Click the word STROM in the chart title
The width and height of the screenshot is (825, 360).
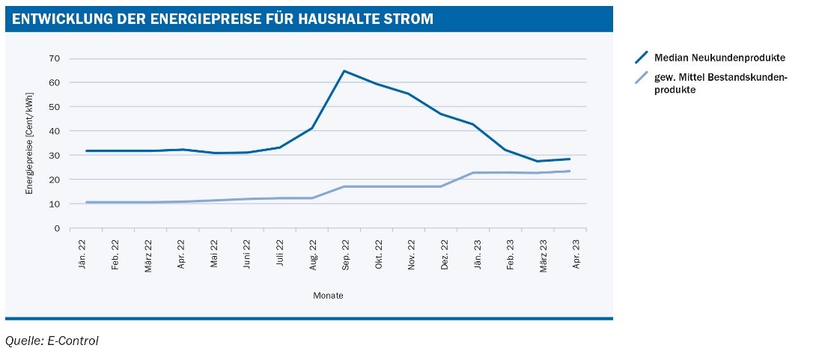[x=410, y=19]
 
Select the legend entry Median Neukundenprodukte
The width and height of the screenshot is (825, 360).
[x=719, y=58]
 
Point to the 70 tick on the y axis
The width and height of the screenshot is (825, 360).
[x=55, y=58]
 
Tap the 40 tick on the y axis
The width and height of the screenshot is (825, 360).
[x=55, y=131]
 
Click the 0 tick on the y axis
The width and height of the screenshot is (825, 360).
[x=57, y=228]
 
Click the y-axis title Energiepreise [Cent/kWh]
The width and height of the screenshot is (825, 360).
[x=30, y=142]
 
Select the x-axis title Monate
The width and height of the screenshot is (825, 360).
[x=328, y=296]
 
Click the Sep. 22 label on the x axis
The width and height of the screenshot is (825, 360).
[x=345, y=254]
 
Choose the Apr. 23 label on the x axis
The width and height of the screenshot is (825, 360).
[x=576, y=254]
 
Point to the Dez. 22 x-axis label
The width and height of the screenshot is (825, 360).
[x=444, y=254]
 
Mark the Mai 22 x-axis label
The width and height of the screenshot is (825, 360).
[x=213, y=254]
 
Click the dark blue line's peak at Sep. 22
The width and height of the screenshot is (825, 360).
[x=344, y=71]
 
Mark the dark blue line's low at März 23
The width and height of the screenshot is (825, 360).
[x=538, y=161]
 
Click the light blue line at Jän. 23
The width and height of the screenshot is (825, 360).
[x=473, y=173]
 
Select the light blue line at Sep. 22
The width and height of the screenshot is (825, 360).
[x=344, y=186]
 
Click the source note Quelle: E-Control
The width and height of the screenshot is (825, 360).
[x=52, y=341]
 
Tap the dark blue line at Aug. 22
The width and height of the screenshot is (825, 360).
[x=311, y=128]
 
